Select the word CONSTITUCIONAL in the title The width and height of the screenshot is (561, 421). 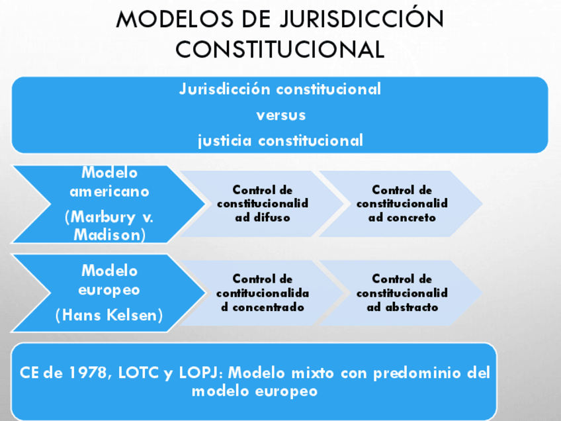point(280,49)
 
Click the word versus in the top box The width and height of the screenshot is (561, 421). point(280,115)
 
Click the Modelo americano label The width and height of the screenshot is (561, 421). point(110,182)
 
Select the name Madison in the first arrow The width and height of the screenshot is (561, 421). point(110,234)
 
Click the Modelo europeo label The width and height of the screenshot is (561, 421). point(110,280)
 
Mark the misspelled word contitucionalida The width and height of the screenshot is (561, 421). point(263,293)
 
